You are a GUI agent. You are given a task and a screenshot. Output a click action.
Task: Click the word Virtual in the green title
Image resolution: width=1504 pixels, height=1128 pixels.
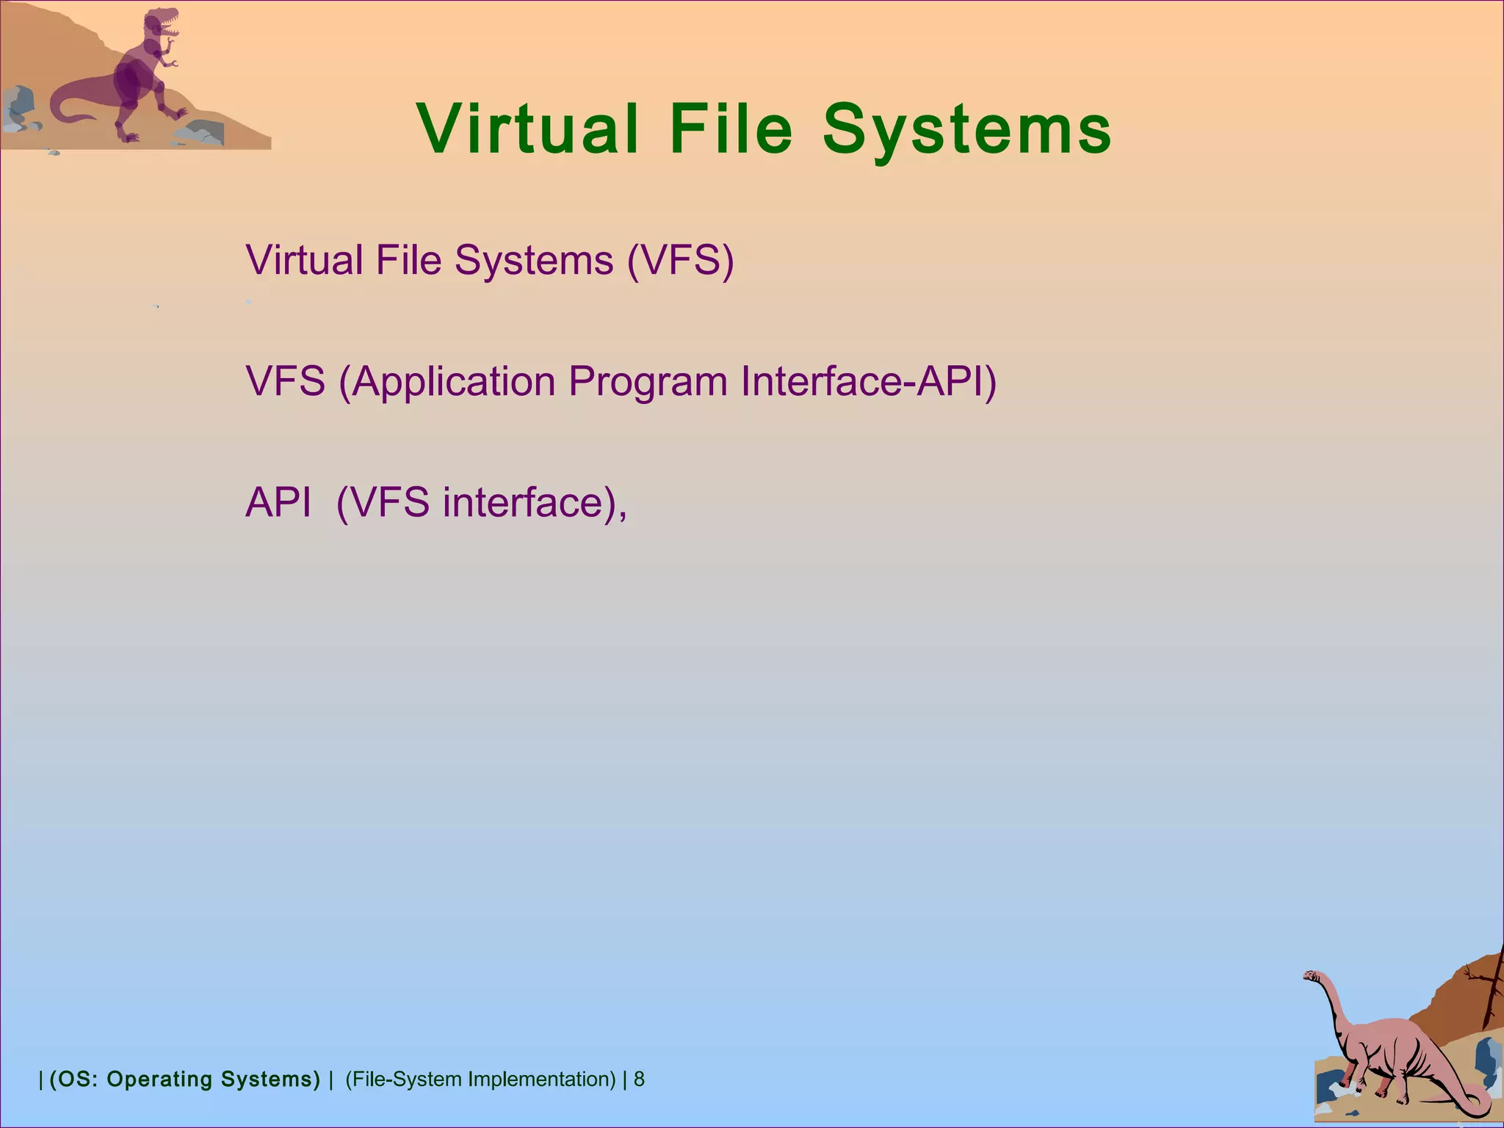[x=527, y=129]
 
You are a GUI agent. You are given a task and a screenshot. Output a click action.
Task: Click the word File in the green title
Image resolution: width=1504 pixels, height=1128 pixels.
[x=731, y=129]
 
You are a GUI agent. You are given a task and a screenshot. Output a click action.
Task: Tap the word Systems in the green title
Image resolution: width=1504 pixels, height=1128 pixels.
[x=966, y=129]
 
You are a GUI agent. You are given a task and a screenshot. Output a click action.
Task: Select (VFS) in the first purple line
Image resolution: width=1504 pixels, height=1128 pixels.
[x=680, y=260]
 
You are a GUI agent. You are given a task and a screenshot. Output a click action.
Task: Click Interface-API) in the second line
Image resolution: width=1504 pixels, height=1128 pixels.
[x=868, y=382]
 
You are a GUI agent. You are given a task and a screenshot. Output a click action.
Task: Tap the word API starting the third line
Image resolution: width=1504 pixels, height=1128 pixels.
[x=278, y=503]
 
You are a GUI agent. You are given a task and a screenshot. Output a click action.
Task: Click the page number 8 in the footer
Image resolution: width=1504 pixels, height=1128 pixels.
[x=639, y=1079]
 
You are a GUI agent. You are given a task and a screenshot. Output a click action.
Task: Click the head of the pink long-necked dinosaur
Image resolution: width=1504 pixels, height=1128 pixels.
[x=1312, y=976]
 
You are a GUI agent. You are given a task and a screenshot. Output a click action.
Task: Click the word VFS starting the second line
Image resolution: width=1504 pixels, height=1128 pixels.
[x=285, y=382]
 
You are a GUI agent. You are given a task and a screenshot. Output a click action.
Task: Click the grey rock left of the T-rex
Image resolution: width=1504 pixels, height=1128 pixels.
[x=18, y=103]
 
